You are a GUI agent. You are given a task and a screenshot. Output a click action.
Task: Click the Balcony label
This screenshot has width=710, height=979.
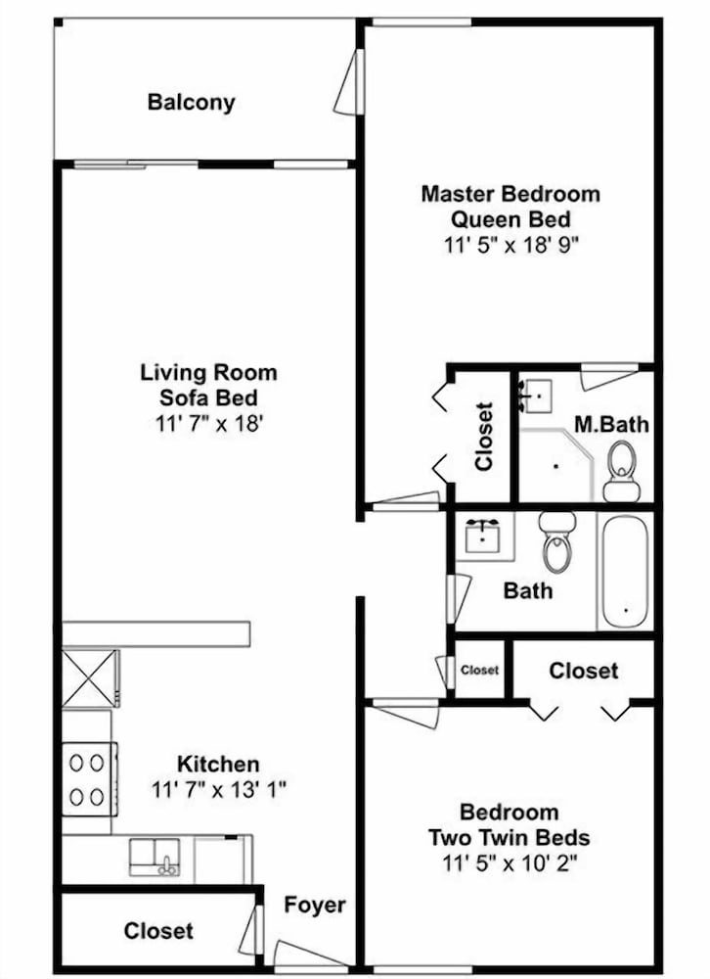[x=191, y=102]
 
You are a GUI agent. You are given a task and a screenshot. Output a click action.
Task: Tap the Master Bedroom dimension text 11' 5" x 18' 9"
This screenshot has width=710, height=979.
[x=510, y=245]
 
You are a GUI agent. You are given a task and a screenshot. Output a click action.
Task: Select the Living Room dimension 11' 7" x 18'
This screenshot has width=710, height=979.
[x=207, y=424]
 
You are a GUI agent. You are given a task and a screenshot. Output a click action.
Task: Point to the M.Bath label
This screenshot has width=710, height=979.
[x=611, y=425]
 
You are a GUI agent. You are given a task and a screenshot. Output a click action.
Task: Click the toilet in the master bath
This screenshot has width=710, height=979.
[x=620, y=471]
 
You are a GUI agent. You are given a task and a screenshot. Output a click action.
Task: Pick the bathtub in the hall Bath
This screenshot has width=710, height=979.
[x=625, y=571]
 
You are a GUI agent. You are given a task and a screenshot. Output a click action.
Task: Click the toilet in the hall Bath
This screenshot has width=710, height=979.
[x=557, y=541]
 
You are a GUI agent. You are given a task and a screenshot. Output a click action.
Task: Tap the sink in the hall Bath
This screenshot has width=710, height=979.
[x=483, y=536]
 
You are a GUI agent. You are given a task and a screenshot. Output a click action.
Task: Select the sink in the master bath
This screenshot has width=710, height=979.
[x=535, y=396]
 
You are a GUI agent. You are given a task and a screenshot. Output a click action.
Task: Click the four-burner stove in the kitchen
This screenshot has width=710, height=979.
[x=90, y=779]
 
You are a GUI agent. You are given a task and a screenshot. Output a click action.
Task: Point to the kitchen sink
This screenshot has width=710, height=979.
[x=155, y=858]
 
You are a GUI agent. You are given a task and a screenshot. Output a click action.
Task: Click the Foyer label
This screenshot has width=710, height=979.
[x=315, y=905]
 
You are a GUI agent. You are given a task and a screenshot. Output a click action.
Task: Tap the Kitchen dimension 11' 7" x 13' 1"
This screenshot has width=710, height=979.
[x=219, y=790]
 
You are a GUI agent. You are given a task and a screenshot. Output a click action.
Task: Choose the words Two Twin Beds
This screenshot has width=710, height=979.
[x=510, y=837]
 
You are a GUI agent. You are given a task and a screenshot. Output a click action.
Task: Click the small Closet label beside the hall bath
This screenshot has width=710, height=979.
[x=480, y=670]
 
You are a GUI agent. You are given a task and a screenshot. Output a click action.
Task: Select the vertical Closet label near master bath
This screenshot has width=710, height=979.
[x=484, y=436]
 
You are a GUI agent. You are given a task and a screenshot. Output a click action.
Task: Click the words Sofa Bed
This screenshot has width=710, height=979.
[x=208, y=397]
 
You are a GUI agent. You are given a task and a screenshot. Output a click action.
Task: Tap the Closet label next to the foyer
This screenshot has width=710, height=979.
[x=158, y=931]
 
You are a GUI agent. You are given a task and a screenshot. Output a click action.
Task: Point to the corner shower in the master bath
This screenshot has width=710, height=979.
[x=555, y=465]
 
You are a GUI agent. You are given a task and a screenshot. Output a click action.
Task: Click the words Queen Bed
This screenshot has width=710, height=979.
[x=510, y=219]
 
